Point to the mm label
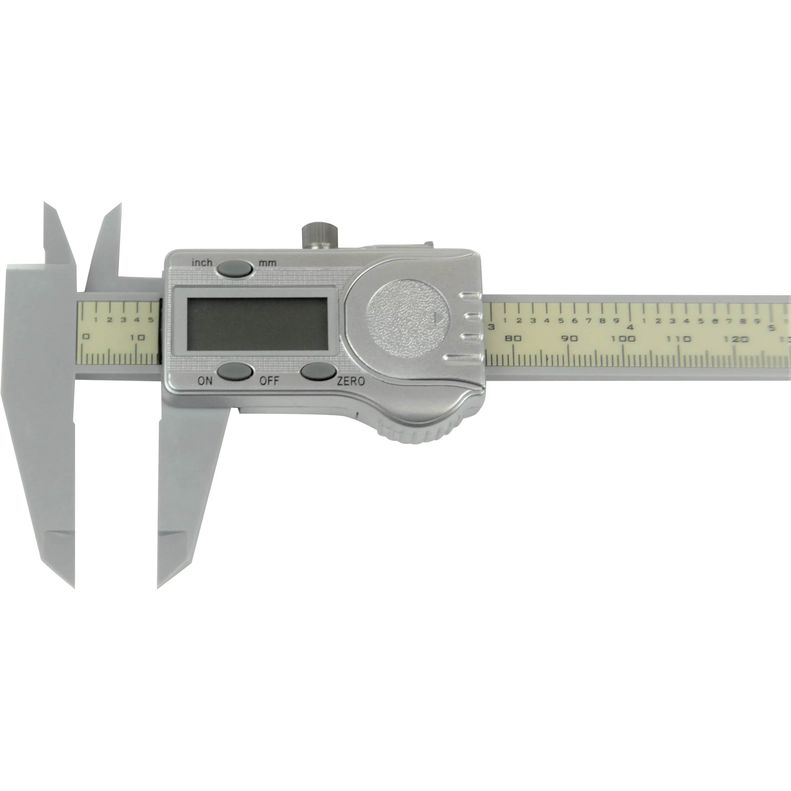click(267, 263)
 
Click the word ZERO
click(350, 382)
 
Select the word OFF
click(269, 381)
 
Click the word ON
click(205, 381)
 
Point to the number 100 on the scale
click(623, 339)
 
